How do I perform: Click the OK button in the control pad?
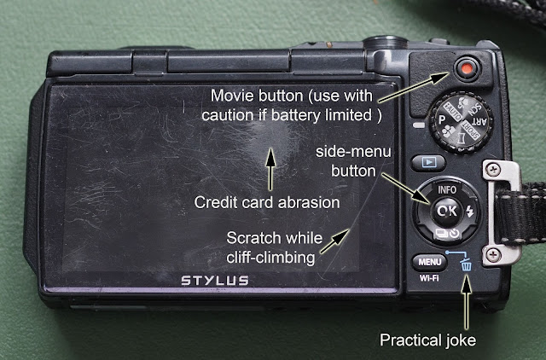click(x=447, y=211)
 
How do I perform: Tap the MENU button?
click(x=429, y=262)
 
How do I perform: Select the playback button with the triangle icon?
click(x=428, y=163)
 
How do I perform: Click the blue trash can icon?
click(x=467, y=264)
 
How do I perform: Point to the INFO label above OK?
click(x=447, y=189)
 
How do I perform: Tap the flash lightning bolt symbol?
click(x=470, y=211)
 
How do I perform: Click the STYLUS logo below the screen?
click(x=215, y=281)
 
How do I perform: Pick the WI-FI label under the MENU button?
click(x=429, y=278)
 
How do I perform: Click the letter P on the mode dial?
click(x=442, y=119)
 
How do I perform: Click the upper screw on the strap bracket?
click(x=493, y=170)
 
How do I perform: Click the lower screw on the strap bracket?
click(x=493, y=255)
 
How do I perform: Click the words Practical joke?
click(x=427, y=340)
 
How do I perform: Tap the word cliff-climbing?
click(x=270, y=258)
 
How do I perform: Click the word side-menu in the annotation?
click(x=353, y=152)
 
